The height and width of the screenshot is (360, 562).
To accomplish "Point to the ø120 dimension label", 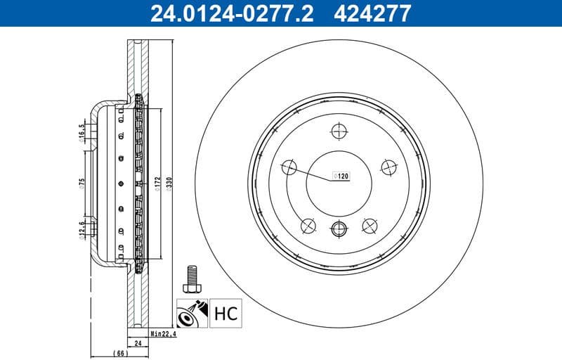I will tap(340, 176).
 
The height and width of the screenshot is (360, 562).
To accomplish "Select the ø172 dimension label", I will tap(158, 184).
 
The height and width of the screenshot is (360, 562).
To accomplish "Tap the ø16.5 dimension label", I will tap(82, 131).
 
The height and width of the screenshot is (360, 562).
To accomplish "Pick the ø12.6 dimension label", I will tap(82, 229).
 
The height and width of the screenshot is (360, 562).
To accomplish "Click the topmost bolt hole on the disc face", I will tap(339, 131).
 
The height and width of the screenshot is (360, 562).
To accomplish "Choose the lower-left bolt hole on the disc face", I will tap(308, 225).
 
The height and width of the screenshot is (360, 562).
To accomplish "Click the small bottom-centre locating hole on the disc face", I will tap(339, 227).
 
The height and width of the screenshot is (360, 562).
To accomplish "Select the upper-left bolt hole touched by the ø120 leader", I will tap(289, 167).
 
